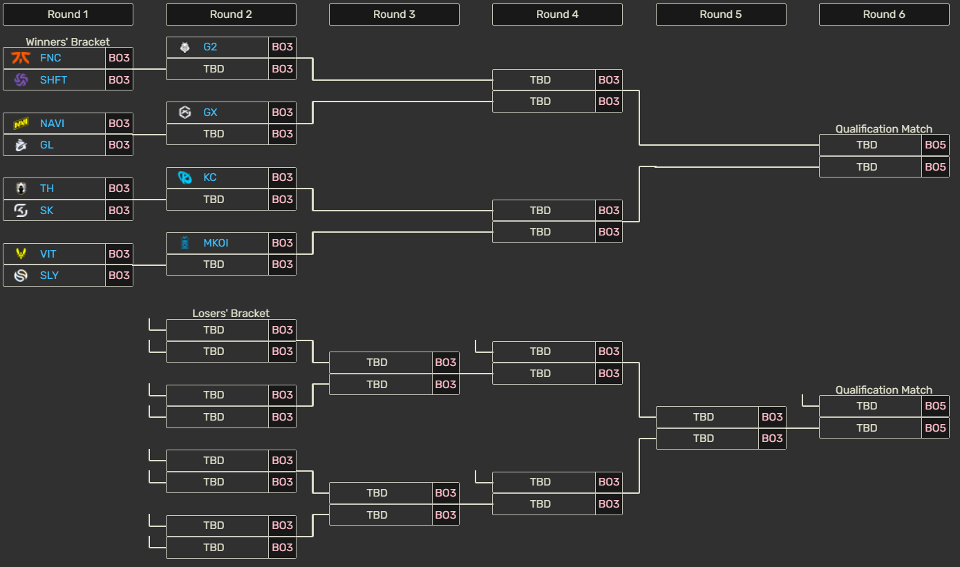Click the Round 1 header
pos(68,15)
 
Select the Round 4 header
pos(557,15)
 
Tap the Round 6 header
pos(883,15)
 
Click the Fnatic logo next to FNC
pos(21,58)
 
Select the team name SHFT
pos(53,80)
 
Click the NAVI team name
pos(52,124)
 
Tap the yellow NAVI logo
pos(21,124)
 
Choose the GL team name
pos(46,145)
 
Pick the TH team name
pos(46,189)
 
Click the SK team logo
pos(21,210)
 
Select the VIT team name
pos(48,254)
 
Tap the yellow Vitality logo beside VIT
pos(21,254)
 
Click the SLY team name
pos(49,276)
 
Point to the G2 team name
pos(210,47)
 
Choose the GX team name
pos(210,113)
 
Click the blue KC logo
pos(185,177)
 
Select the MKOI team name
pos(216,243)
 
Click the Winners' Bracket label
pos(68,42)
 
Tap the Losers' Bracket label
pos(231,314)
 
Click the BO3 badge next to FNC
pos(119,58)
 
